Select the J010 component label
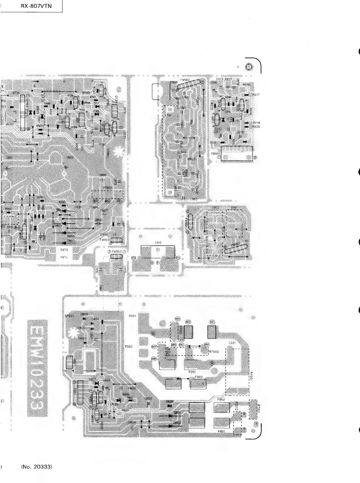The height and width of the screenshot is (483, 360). pos(158,242)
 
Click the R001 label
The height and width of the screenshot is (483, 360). pos(132,316)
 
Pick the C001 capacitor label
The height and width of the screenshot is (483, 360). pos(232,343)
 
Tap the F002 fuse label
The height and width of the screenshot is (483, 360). pos(199,377)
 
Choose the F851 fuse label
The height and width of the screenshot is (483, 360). pos(221,431)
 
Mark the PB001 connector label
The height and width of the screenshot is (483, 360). pos(216,153)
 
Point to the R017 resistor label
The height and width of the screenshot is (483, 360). pos(256,95)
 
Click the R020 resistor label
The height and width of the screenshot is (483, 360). pos(256,127)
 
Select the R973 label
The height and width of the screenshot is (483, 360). pos(64,250)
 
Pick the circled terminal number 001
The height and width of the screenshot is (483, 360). pos(212,322)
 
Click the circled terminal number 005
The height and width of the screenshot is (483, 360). pos(207,345)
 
